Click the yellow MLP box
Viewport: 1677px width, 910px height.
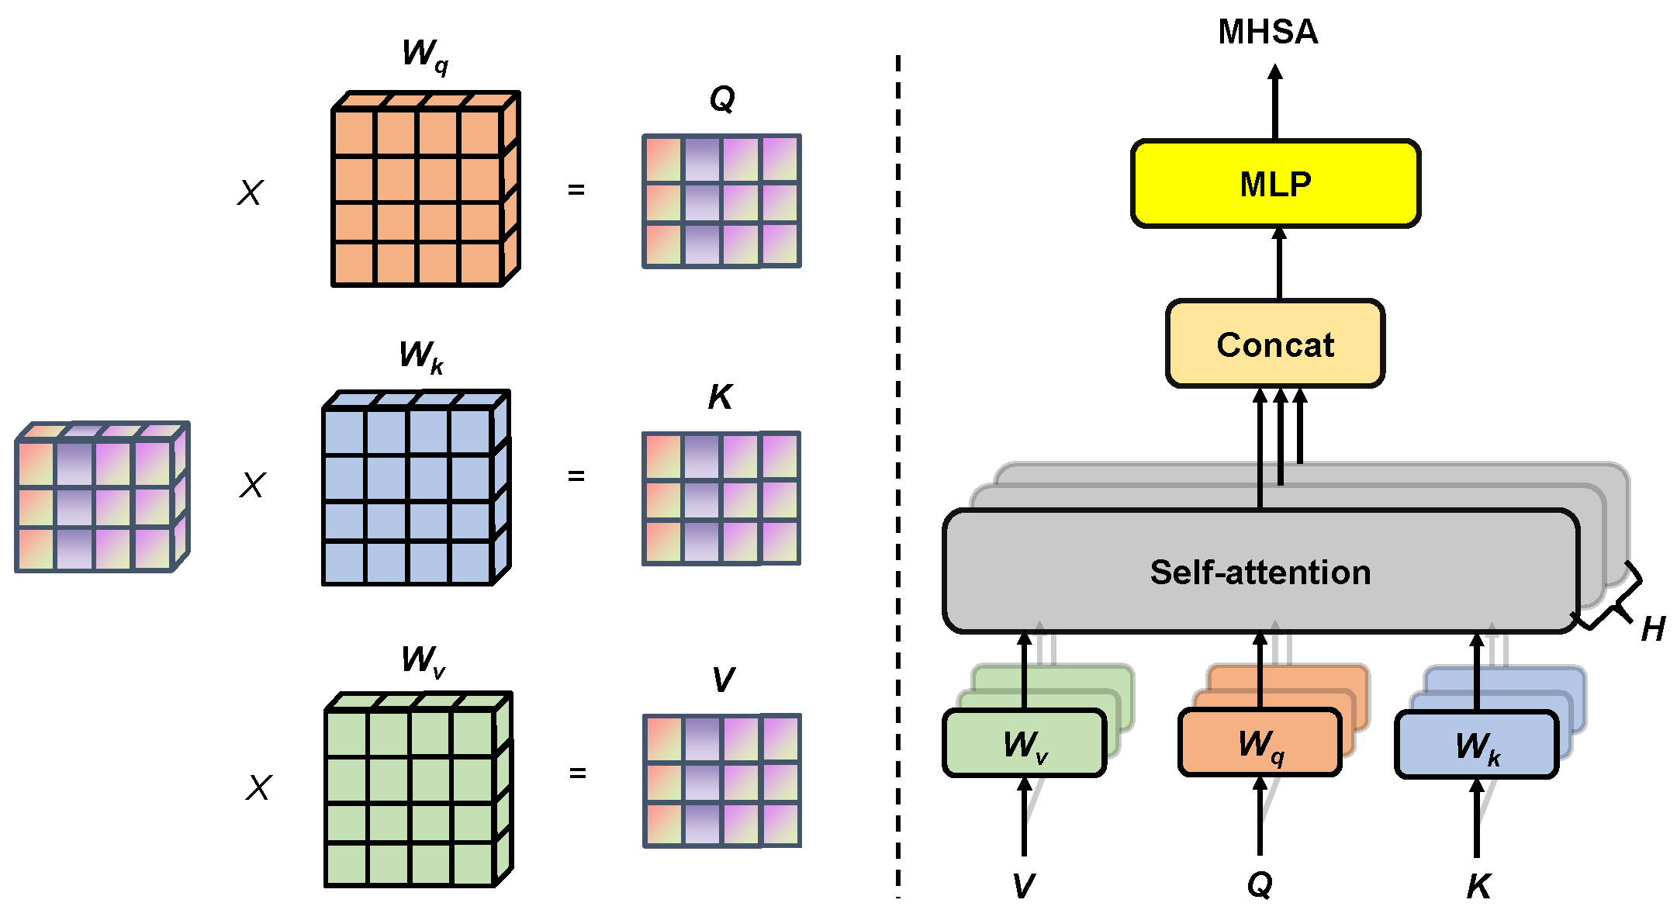(x=1275, y=184)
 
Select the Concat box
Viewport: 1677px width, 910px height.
(x=1275, y=344)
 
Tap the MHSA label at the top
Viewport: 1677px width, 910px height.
(x=1267, y=33)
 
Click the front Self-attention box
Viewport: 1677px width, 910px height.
(x=1260, y=572)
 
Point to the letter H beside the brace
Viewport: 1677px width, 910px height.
(x=1652, y=629)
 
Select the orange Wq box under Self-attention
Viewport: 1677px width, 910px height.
(x=1260, y=743)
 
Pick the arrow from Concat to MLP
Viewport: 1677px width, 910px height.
(x=1279, y=264)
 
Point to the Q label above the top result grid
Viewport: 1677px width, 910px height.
(x=721, y=99)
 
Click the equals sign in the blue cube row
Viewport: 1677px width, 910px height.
(x=576, y=476)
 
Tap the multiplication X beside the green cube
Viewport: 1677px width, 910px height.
(x=258, y=787)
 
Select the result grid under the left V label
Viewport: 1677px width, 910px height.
(x=721, y=781)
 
